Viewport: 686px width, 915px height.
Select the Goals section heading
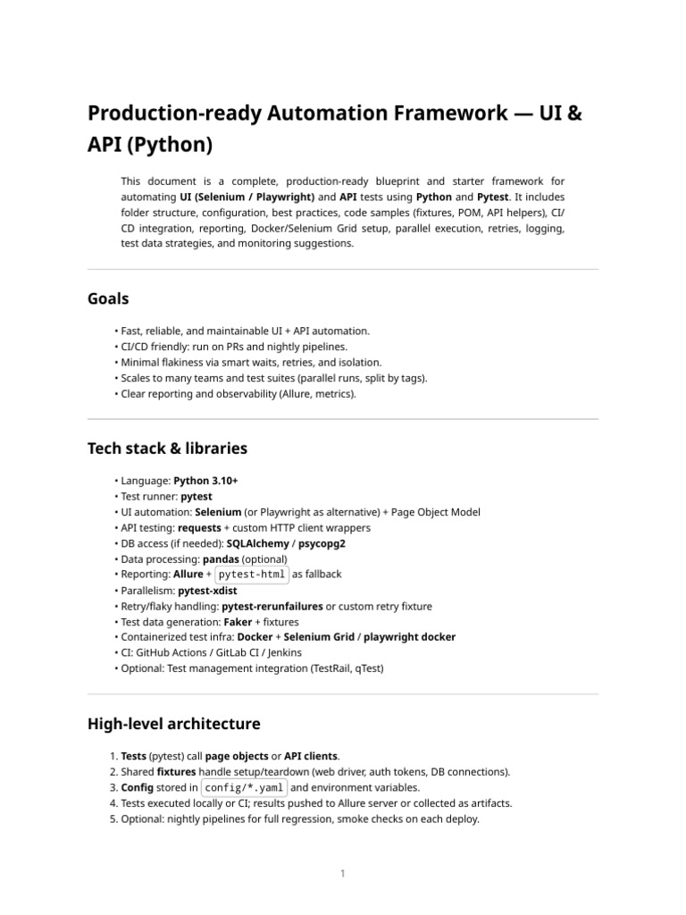[108, 298]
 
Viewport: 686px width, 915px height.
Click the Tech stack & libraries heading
[167, 448]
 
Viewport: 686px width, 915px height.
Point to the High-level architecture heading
[173, 723]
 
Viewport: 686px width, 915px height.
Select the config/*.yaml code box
[244, 787]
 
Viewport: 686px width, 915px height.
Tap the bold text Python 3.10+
[205, 481]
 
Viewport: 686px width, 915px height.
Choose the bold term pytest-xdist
[207, 591]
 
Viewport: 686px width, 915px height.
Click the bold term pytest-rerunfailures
[272, 606]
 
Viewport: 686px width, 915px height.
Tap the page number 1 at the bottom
[342, 873]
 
